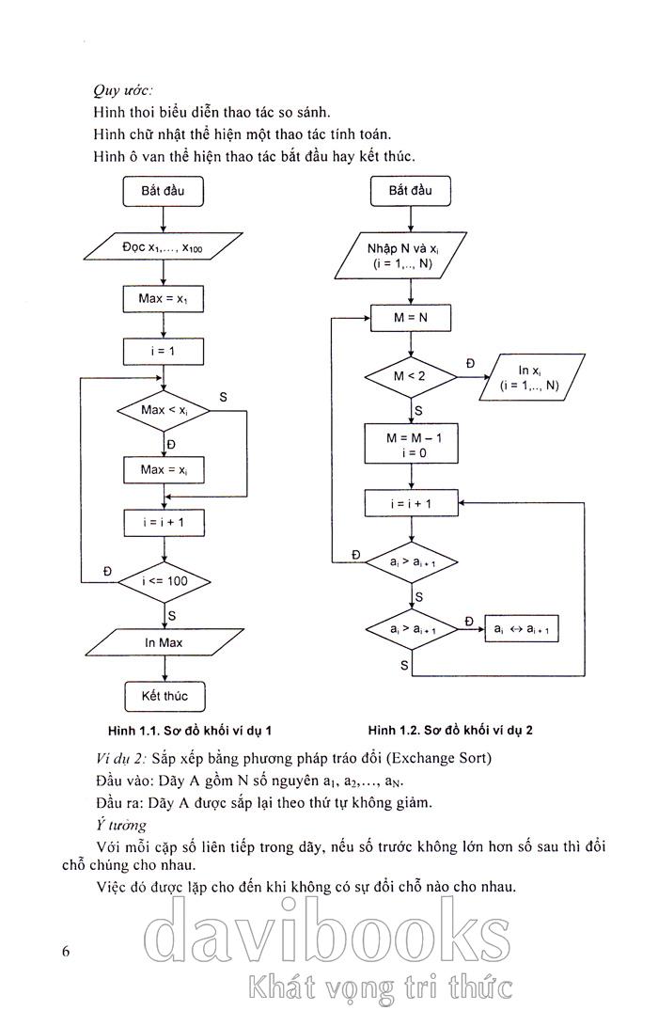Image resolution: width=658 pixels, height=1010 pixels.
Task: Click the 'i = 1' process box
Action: click(x=164, y=352)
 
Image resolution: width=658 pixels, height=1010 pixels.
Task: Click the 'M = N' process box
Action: click(x=411, y=318)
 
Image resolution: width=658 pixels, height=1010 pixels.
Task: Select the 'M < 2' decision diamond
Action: click(x=411, y=377)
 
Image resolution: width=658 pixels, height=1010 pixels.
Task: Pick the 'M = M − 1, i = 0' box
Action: click(x=411, y=444)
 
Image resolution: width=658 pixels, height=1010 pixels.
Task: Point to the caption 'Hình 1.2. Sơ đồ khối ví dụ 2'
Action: click(x=457, y=730)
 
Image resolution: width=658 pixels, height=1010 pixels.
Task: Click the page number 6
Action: click(x=66, y=951)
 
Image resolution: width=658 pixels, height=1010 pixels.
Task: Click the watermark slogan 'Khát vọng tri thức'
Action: click(x=380, y=986)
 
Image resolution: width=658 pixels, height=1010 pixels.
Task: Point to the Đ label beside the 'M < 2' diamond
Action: click(x=470, y=363)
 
